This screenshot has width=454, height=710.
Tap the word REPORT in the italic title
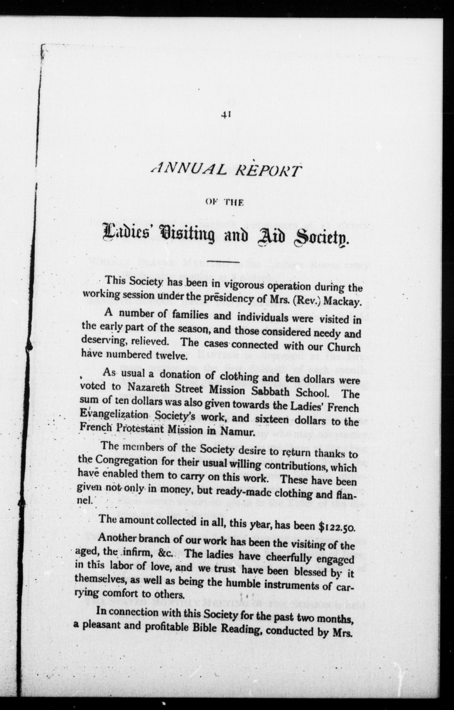pyautogui.click(x=265, y=171)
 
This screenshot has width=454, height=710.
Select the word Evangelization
pyautogui.click(x=114, y=415)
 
